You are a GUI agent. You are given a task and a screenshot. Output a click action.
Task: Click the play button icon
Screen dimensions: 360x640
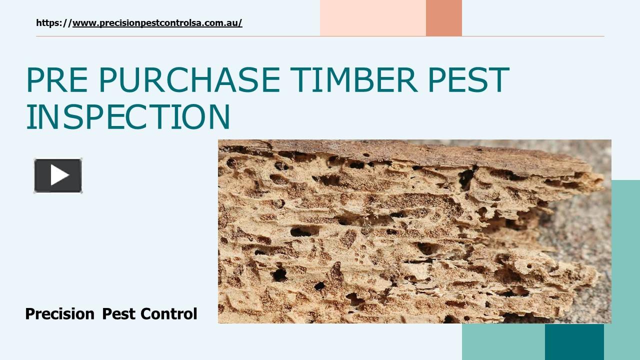(x=58, y=175)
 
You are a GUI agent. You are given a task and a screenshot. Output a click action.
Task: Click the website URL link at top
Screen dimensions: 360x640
(x=157, y=23)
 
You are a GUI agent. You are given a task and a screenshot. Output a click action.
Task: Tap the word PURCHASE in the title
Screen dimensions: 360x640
(x=189, y=80)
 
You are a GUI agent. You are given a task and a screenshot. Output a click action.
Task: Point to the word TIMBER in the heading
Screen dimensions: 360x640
(x=353, y=80)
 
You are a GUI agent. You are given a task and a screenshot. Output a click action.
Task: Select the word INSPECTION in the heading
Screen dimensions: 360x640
(x=128, y=117)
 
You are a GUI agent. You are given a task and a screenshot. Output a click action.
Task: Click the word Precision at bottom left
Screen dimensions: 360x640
(x=59, y=314)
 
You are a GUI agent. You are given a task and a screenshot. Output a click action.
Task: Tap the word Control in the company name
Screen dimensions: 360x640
(x=169, y=314)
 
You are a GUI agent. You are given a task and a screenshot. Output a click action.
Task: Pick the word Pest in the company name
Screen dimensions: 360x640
(x=118, y=314)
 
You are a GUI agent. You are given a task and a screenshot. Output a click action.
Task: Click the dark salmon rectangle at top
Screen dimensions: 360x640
(x=443, y=18)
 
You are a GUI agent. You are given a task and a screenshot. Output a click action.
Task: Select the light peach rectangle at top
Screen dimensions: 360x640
(x=372, y=18)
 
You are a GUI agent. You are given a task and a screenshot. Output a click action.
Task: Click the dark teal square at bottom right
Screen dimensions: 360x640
(x=574, y=342)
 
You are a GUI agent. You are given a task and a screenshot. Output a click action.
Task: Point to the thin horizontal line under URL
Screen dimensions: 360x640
(x=320, y=36)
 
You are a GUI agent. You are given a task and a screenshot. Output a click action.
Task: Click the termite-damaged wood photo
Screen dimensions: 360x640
(x=400, y=235)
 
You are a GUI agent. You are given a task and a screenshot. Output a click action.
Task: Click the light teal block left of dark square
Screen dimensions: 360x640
(x=503, y=342)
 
